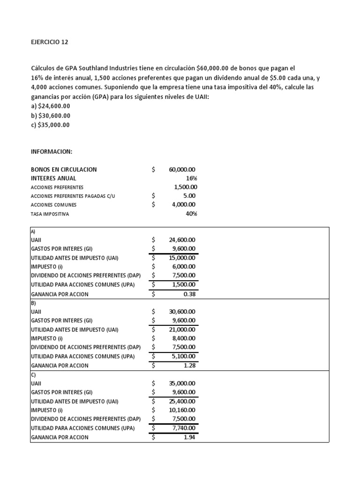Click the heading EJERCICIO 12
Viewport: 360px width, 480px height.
point(49,42)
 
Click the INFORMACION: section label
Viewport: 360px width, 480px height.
point(52,151)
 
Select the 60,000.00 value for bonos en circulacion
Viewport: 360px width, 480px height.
point(182,170)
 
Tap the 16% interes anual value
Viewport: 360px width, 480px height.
point(191,178)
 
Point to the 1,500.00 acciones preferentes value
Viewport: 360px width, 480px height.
point(184,187)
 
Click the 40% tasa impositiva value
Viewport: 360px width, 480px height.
point(191,214)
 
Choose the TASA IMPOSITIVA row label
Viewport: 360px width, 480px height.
point(50,214)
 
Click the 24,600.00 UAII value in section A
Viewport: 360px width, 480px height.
point(182,240)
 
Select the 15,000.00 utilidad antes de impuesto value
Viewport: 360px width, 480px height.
point(182,257)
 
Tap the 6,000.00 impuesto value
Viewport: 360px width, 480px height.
point(183,266)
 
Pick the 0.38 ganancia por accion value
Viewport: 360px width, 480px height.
point(189,294)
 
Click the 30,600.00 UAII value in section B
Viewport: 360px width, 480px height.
point(182,311)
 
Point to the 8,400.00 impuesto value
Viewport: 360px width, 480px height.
point(183,338)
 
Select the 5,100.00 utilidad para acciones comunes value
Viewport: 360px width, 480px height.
point(183,356)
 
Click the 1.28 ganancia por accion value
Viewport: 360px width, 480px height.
point(189,365)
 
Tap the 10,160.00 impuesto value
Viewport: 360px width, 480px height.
point(182,410)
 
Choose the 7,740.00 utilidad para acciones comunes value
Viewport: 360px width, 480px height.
point(183,428)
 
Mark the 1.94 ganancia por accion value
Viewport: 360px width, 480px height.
point(189,437)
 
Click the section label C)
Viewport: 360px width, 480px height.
point(33,375)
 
